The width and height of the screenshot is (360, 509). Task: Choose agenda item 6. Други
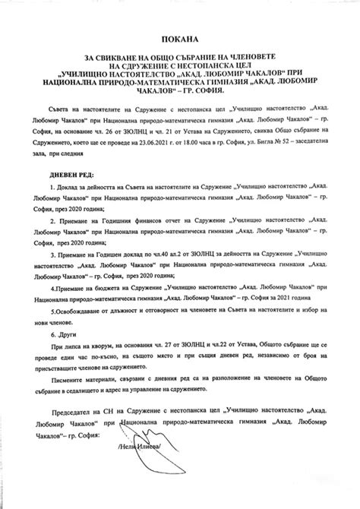tap(60, 334)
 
